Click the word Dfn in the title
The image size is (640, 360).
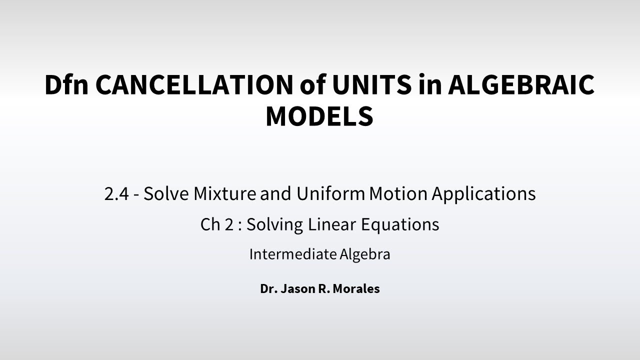(65, 84)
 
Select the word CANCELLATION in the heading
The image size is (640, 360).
(192, 84)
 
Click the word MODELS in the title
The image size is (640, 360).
(319, 115)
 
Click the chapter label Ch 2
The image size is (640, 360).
(217, 224)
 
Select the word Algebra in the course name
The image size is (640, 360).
(365, 254)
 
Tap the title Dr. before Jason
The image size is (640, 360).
(267, 289)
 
